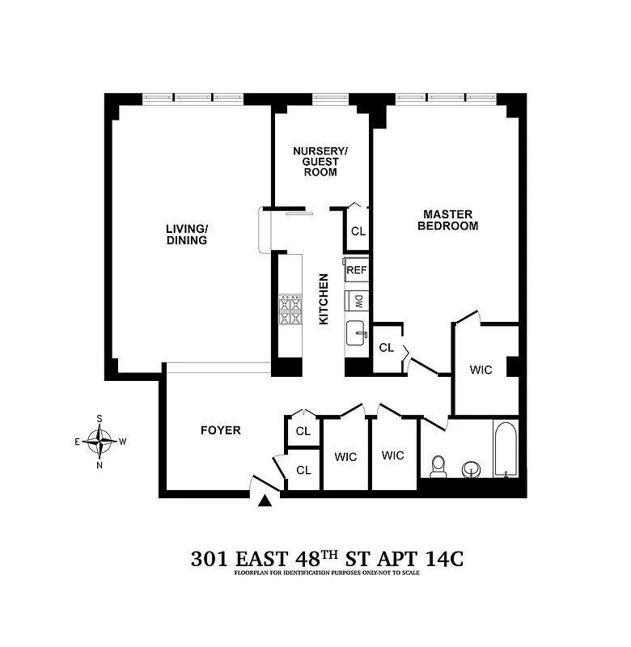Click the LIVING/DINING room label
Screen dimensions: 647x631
(187, 235)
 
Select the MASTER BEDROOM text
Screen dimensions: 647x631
(447, 220)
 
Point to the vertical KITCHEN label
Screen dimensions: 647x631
(324, 299)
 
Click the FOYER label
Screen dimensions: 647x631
(221, 430)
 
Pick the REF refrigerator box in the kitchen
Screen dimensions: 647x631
(357, 271)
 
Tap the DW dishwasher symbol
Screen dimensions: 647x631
(358, 302)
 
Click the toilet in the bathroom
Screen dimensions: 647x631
(438, 466)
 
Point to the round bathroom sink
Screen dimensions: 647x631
(471, 468)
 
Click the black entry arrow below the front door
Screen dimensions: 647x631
(264, 501)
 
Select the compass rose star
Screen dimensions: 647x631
(100, 442)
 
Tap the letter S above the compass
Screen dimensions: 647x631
(100, 419)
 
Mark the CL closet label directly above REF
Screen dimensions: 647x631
(358, 231)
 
